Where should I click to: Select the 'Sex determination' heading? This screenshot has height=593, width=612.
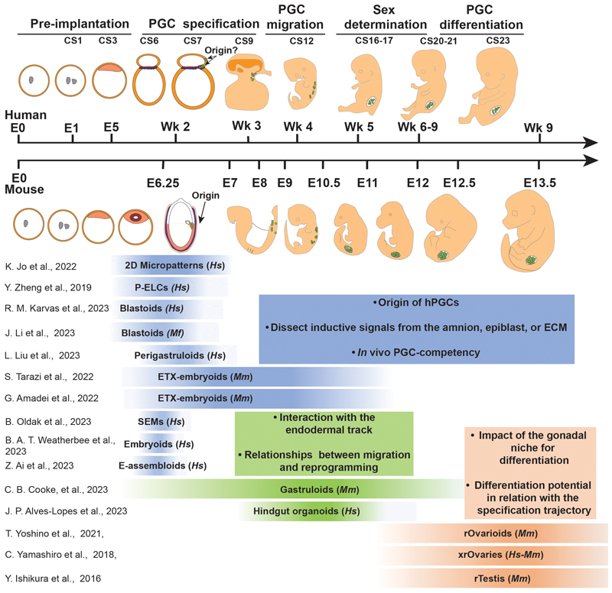pyautogui.click(x=379, y=19)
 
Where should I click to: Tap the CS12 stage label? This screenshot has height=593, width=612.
pyautogui.click(x=301, y=41)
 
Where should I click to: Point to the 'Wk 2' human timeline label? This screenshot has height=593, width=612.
pyautogui.click(x=175, y=127)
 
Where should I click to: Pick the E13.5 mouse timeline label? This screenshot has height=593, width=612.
pyautogui.click(x=539, y=182)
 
